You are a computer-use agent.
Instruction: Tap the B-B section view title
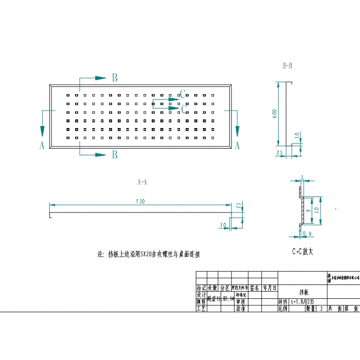(287, 65)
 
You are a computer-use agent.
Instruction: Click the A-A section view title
(142, 182)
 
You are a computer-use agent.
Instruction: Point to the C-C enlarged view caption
(303, 252)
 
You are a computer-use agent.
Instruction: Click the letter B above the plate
(115, 78)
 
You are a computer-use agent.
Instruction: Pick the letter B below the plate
(115, 154)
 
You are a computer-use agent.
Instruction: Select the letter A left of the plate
(42, 146)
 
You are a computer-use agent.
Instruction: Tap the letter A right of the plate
(237, 146)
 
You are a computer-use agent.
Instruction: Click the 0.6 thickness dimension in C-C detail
(308, 234)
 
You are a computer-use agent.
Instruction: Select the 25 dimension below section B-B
(280, 153)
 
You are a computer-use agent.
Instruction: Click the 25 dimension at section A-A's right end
(239, 205)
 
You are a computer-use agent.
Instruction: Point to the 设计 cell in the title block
(201, 296)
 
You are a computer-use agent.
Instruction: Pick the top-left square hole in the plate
(67, 95)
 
